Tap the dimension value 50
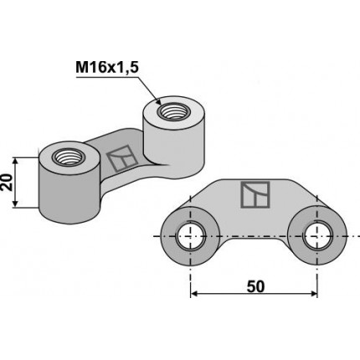(x=255, y=286)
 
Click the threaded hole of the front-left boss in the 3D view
(x=65, y=157)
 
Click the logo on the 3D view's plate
(x=120, y=157)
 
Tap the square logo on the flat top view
(x=253, y=194)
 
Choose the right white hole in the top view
(x=317, y=235)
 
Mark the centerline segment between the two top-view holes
(x=255, y=235)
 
